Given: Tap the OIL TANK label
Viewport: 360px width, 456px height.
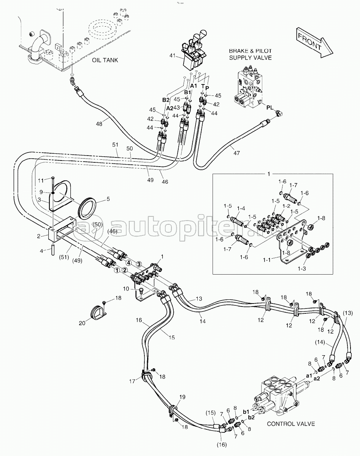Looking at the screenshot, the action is click(x=105, y=60).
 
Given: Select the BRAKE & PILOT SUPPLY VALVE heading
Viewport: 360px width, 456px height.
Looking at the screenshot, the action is click(x=250, y=54).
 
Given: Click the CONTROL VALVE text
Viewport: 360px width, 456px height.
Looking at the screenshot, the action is click(x=291, y=424).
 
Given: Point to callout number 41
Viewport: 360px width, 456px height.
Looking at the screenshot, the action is click(x=173, y=56).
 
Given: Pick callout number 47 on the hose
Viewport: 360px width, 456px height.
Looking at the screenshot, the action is click(x=237, y=153).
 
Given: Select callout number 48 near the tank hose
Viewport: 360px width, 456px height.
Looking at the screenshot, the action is click(x=99, y=124).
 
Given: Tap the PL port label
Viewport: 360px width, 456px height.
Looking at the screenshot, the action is click(x=270, y=108).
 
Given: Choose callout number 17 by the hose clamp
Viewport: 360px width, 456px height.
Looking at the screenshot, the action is click(x=132, y=381).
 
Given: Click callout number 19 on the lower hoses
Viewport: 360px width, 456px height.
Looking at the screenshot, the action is click(x=182, y=397).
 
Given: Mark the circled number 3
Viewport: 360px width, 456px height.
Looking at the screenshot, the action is click(x=139, y=264).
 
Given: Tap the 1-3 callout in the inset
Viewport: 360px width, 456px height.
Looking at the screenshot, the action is click(x=301, y=269).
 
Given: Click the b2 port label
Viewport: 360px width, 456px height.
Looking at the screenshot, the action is click(x=251, y=418).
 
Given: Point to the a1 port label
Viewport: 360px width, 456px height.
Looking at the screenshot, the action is click(x=309, y=375).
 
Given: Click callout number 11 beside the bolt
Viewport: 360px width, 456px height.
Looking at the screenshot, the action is click(x=41, y=181).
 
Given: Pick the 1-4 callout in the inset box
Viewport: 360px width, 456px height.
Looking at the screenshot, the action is click(x=241, y=208).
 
